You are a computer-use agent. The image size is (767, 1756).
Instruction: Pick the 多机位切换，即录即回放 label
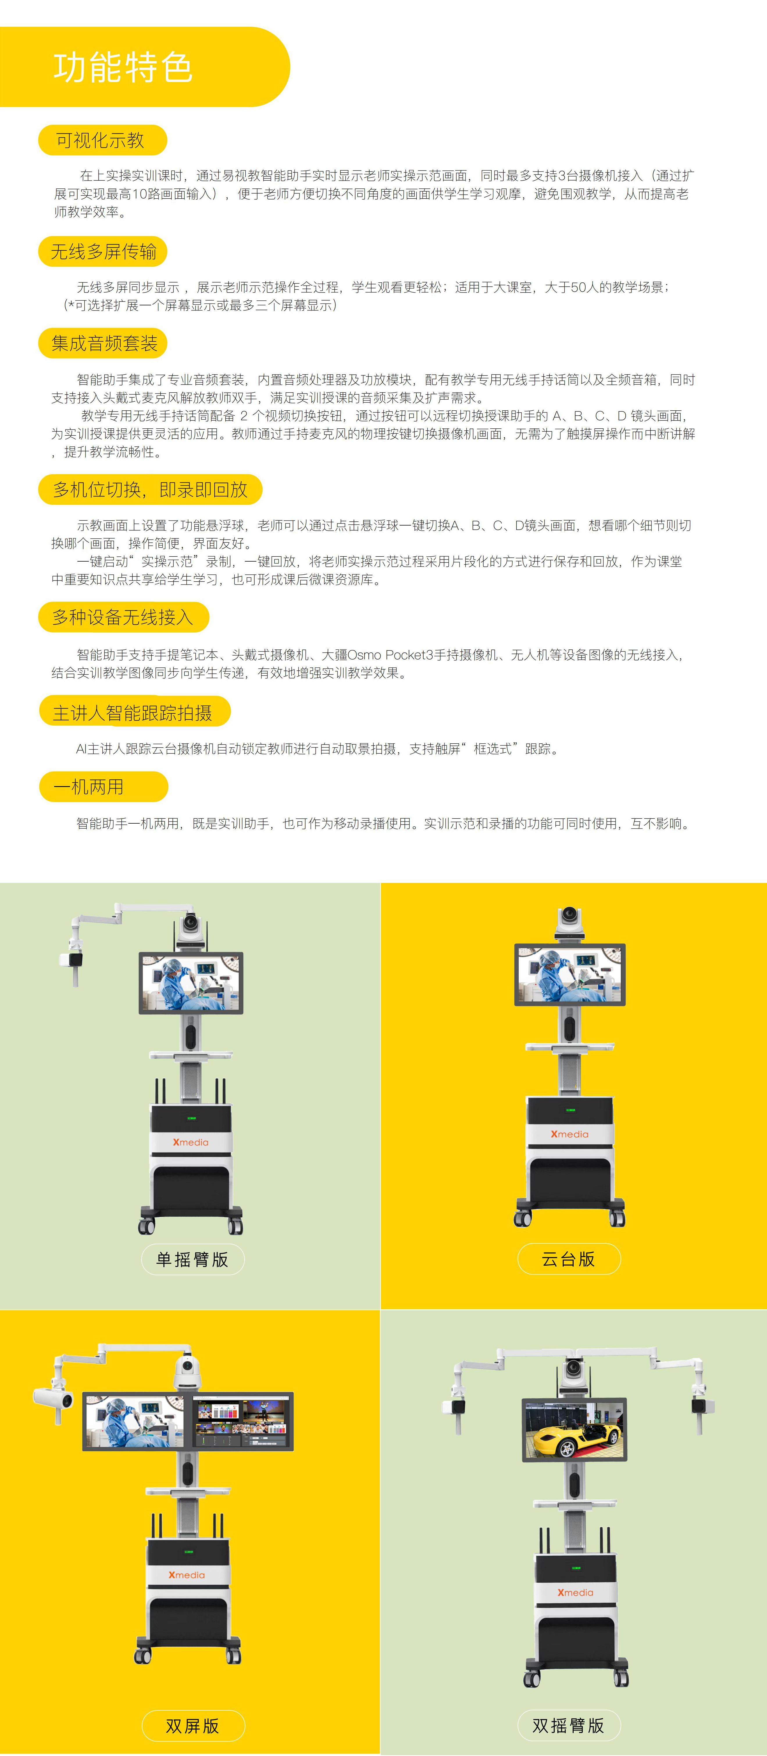point(150,489)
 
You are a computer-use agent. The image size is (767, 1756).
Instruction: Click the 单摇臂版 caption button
point(192,1259)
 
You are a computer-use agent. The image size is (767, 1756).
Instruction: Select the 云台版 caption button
point(569,1258)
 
